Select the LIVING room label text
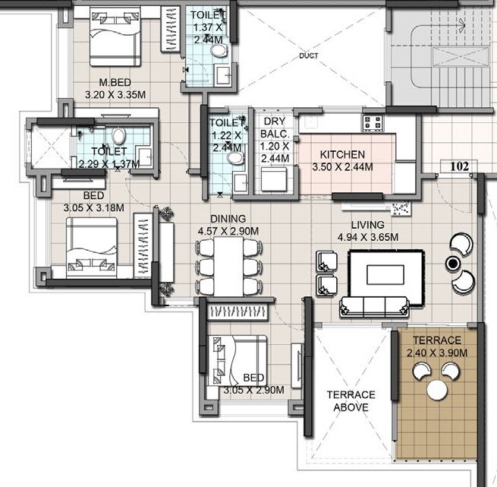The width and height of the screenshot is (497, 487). coord(367,225)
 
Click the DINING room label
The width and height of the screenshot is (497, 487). coord(228,219)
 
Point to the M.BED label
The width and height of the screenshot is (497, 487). coord(116,82)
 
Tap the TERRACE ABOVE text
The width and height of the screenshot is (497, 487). coord(351,400)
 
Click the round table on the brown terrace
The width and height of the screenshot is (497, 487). coord(437,390)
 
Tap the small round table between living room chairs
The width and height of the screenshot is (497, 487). coord(454,263)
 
